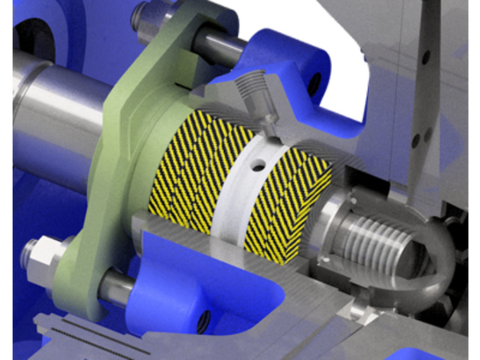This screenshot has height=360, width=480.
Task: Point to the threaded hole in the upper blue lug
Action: pos(313,80)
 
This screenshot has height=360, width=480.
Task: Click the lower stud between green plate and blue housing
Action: pos(116,288)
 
